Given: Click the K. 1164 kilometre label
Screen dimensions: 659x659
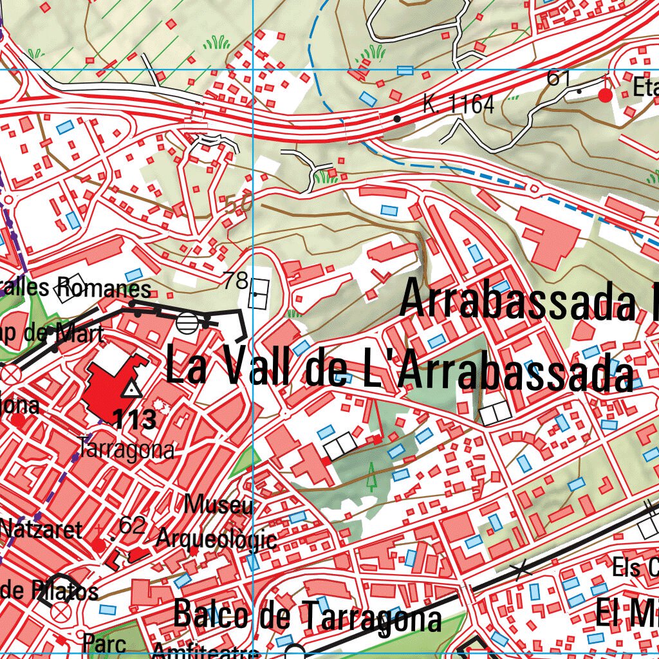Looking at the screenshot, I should click(x=459, y=104).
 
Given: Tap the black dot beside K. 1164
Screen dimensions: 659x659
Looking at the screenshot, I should click(x=397, y=118).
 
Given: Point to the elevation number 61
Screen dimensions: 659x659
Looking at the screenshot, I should click(x=559, y=78).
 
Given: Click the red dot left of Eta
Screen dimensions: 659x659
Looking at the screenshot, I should click(x=605, y=95).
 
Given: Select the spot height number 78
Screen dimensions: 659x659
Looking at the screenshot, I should click(x=236, y=281).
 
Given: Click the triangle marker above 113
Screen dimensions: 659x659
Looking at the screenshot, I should click(x=132, y=389).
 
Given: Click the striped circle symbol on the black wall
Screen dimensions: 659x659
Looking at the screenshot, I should click(x=188, y=322).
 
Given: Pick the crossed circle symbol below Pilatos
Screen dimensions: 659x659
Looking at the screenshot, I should click(x=59, y=612).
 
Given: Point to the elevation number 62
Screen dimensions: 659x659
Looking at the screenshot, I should click(x=132, y=526).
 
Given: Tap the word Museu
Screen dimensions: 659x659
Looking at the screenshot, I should click(x=219, y=505).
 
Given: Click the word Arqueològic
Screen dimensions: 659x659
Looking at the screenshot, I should click(x=218, y=539).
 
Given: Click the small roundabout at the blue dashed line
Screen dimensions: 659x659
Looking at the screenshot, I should click(x=535, y=188).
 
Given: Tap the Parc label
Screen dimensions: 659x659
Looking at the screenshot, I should click(x=104, y=643).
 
